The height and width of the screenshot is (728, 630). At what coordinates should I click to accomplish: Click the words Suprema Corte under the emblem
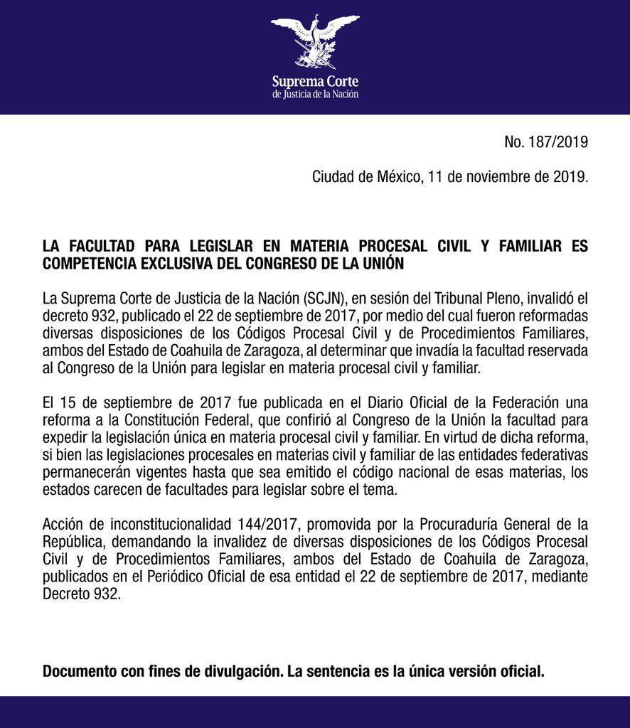(315, 81)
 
